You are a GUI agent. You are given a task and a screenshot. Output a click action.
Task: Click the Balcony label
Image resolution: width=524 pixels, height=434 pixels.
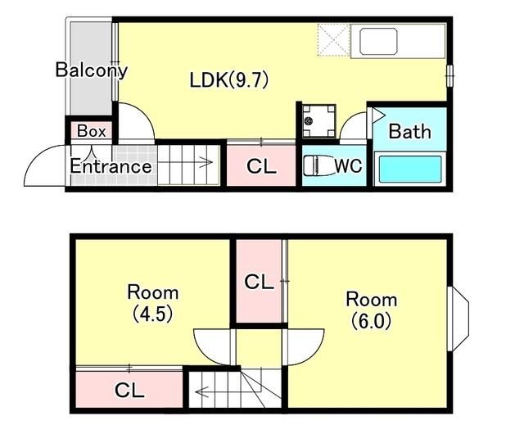(x=91, y=70)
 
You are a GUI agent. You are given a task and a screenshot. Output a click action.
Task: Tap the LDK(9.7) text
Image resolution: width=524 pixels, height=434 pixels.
(x=229, y=80)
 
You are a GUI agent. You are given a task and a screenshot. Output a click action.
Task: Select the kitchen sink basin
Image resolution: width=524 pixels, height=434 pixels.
(x=378, y=42)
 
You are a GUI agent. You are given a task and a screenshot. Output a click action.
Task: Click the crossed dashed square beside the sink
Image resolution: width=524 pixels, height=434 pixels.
(x=333, y=40)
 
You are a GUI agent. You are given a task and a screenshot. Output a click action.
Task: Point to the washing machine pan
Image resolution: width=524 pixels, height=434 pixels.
(x=318, y=121)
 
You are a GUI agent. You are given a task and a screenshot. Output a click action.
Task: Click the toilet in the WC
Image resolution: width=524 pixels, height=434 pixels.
(x=318, y=165)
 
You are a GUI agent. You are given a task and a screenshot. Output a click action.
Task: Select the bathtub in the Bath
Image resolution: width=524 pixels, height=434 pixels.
(x=410, y=169)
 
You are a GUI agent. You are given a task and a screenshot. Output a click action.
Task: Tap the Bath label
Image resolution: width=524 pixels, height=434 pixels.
(x=409, y=131)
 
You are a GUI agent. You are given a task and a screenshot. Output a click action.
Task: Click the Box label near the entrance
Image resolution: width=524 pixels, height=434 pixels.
(x=91, y=131)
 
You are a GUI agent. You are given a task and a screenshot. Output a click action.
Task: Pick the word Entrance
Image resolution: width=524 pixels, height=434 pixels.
(x=111, y=166)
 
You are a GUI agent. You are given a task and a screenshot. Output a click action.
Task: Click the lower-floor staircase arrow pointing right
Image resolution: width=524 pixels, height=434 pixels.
(x=185, y=162)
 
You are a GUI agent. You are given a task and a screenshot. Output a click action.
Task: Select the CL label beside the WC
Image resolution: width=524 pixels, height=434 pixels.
(x=261, y=166)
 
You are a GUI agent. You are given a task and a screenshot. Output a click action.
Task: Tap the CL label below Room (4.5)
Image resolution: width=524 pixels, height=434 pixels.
(x=129, y=390)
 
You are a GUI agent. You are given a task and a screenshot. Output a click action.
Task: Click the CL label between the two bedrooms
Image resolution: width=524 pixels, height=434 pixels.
(x=259, y=282)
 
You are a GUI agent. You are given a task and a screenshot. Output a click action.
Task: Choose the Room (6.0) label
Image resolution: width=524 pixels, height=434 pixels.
(x=371, y=310)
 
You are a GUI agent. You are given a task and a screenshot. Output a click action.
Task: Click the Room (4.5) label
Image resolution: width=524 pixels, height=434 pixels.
(x=153, y=303)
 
